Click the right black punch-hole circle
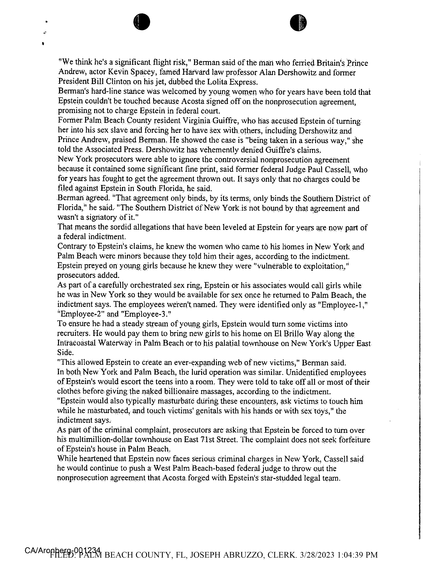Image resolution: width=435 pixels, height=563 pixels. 298,23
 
